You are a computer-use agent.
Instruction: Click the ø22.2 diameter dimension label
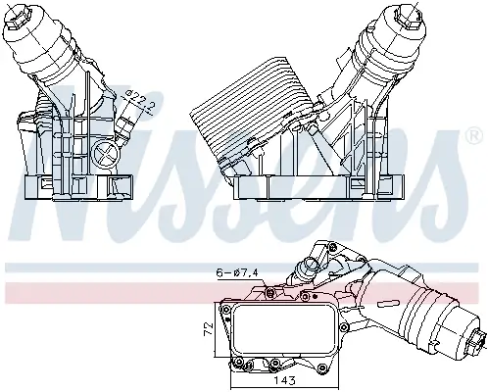pyautogui.click(x=139, y=100)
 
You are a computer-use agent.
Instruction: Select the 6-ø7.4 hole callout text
pyautogui.click(x=235, y=271)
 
